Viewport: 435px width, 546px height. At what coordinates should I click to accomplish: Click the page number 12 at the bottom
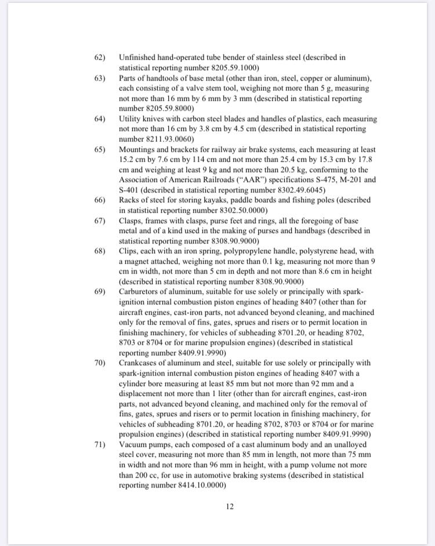[230, 507]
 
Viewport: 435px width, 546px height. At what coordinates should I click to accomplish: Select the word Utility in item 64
[130, 119]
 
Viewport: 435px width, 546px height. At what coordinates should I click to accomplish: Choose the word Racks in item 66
[130, 200]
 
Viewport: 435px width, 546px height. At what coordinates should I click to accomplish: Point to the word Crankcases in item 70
[140, 363]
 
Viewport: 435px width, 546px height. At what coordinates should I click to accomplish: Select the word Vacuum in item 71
[134, 445]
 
